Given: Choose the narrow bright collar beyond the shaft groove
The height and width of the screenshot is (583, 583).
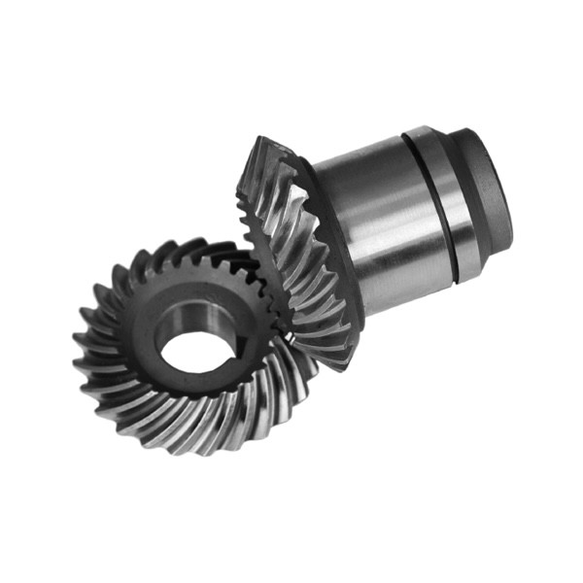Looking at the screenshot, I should click(461, 199).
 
